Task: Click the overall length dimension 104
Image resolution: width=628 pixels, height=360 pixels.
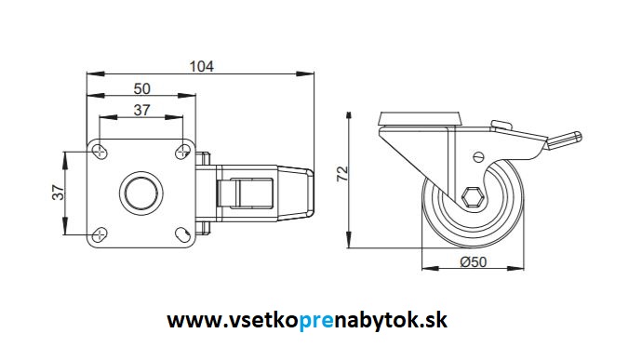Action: (202, 66)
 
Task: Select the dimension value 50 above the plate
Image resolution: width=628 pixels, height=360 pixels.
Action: (143, 88)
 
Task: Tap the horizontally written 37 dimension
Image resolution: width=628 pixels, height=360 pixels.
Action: (143, 111)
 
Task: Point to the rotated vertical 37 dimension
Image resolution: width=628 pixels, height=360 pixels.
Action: (56, 193)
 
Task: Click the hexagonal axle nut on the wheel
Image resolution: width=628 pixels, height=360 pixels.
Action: (472, 197)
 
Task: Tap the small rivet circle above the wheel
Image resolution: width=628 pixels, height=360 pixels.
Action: (479, 157)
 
